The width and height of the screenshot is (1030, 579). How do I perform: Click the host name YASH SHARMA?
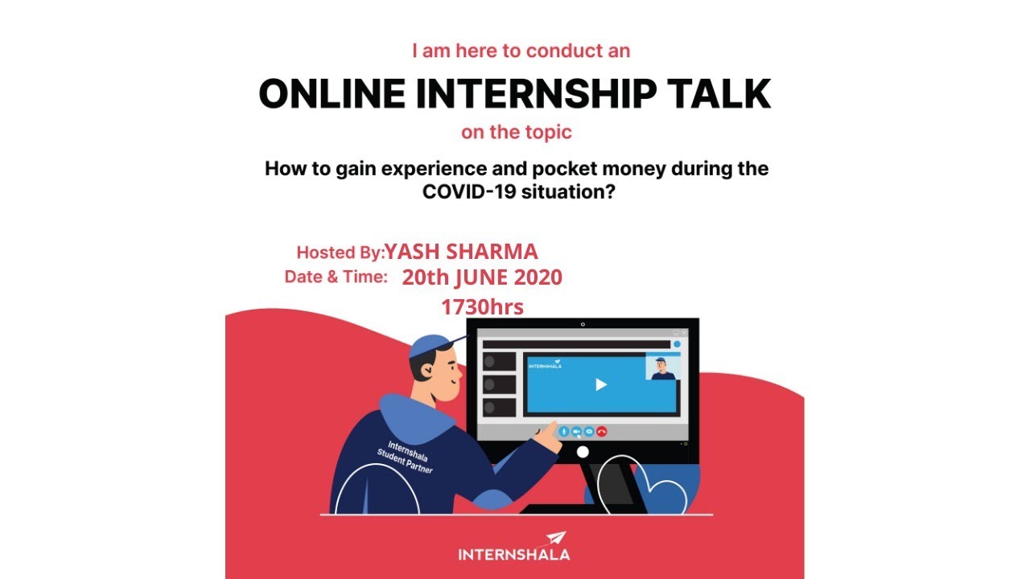tap(461, 252)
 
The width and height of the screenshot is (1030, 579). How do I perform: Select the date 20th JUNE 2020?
tap(482, 277)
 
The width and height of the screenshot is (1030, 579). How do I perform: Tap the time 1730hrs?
tap(482, 306)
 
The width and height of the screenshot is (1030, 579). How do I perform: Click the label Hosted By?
tap(340, 253)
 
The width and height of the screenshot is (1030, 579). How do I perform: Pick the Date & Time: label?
tap(336, 277)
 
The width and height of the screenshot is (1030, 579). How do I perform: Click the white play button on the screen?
tap(600, 384)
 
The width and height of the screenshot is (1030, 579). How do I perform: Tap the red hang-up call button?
tap(602, 431)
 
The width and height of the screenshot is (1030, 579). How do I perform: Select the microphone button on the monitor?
tap(563, 431)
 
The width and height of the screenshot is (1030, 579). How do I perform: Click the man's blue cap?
tap(431, 346)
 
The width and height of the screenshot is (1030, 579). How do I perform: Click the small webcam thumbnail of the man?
tap(663, 366)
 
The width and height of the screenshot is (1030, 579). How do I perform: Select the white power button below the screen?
tap(583, 452)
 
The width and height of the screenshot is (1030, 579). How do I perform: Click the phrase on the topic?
tap(516, 132)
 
